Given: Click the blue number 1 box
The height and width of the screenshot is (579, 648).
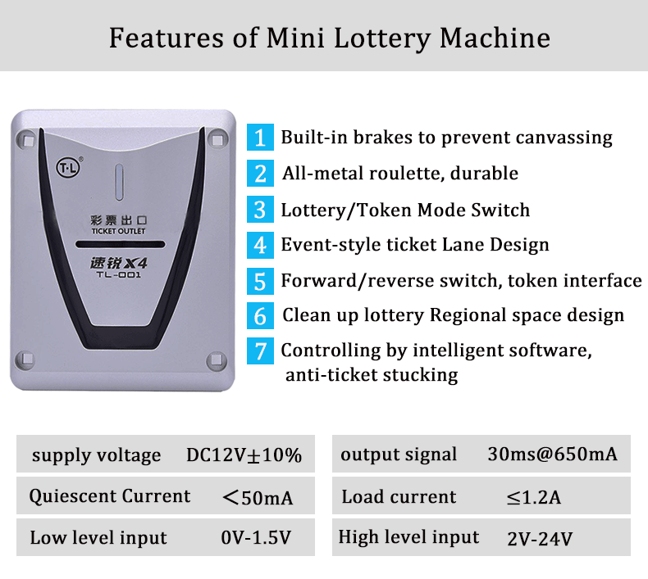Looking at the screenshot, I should click(x=260, y=137).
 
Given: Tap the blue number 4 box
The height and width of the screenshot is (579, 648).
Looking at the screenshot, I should click(x=260, y=245).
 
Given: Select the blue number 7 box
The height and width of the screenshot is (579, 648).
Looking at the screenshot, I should click(x=260, y=351).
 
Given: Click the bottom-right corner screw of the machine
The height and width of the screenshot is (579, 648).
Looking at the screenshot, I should click(x=216, y=359).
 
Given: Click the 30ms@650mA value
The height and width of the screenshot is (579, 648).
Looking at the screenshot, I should click(x=552, y=455).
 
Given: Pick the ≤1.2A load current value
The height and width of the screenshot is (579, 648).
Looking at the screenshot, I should click(x=534, y=497).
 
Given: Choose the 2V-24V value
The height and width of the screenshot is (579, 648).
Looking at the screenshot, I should click(x=540, y=538).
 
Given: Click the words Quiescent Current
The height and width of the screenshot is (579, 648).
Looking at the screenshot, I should click(x=110, y=496).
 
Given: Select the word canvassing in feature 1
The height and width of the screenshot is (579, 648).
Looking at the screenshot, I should click(x=564, y=137).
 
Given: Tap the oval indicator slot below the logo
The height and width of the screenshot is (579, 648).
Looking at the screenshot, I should click(x=118, y=181).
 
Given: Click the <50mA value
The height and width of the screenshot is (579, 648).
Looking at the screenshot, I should click(x=258, y=497).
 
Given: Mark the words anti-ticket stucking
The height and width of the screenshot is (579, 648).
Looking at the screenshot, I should click(x=371, y=375).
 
